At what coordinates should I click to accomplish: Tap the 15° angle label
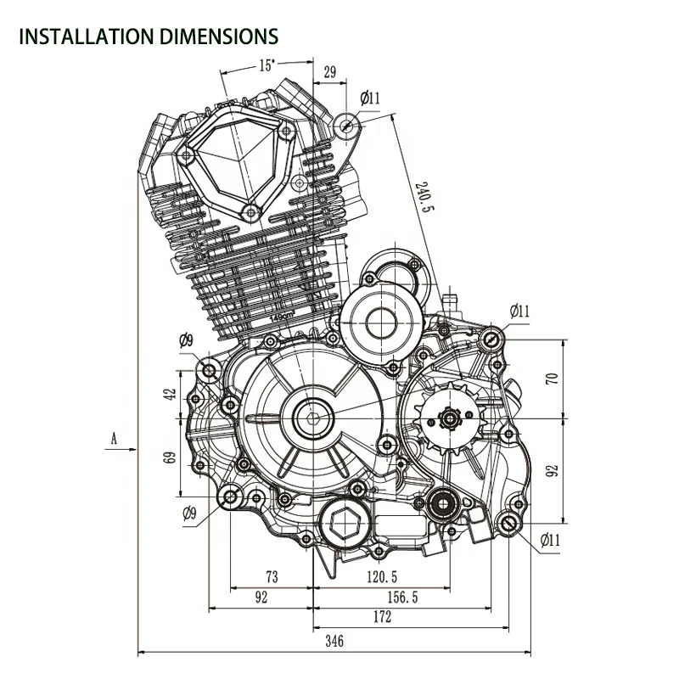click(x=267, y=65)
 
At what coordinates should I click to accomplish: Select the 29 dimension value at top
click(x=330, y=72)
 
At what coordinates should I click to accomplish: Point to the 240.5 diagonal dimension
click(x=424, y=197)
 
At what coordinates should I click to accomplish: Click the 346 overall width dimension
click(x=334, y=640)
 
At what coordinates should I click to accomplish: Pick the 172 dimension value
click(x=382, y=616)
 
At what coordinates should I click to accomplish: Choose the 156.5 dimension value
click(x=402, y=598)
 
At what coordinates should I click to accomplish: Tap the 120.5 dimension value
click(x=382, y=577)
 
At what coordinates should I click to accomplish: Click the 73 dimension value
click(x=272, y=577)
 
